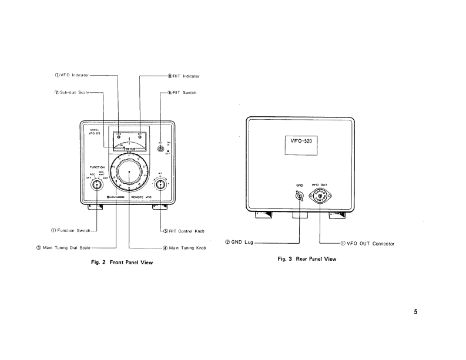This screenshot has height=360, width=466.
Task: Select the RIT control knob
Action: [x=160, y=185]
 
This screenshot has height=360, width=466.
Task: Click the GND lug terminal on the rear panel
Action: [x=299, y=197]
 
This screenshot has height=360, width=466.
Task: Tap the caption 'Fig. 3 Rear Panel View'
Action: [x=307, y=258]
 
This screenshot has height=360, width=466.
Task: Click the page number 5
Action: [x=415, y=312]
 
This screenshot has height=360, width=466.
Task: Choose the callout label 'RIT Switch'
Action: [x=184, y=93]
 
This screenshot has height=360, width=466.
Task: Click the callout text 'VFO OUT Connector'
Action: [x=370, y=243]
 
